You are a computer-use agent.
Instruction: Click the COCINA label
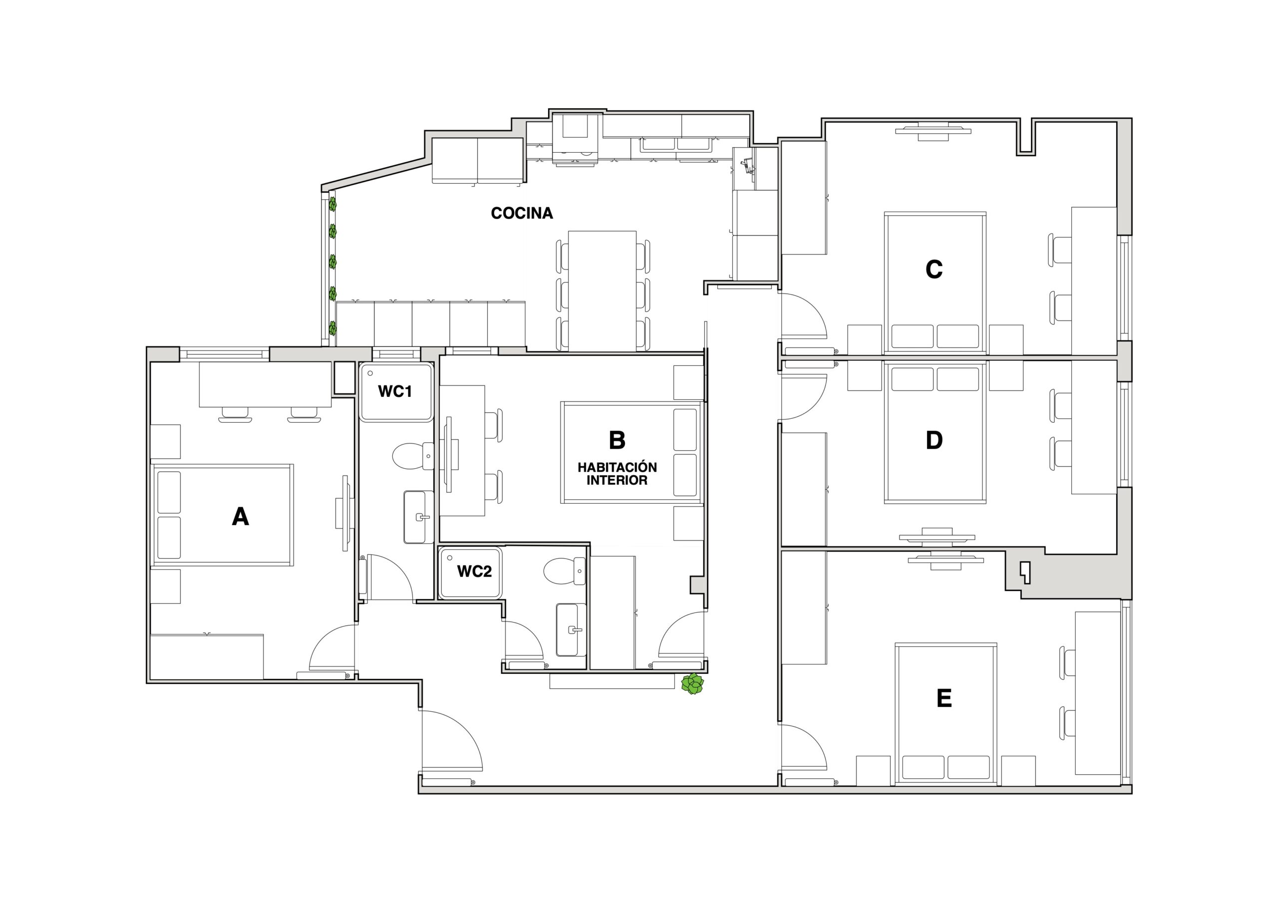522,213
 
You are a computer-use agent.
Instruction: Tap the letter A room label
240,517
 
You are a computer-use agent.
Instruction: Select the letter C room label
934,270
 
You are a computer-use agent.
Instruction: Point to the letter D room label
934,440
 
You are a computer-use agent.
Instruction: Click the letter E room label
944,698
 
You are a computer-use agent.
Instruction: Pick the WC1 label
395,391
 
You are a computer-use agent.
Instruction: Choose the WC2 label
474,571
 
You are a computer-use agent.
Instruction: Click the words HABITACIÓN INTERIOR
617,474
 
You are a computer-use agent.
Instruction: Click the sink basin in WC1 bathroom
418,517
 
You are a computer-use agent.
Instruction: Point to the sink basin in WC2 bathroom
571,629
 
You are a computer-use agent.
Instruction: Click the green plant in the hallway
693,684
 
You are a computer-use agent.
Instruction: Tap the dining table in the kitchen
602,291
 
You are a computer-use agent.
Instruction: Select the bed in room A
223,515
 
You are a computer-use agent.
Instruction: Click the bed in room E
946,714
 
